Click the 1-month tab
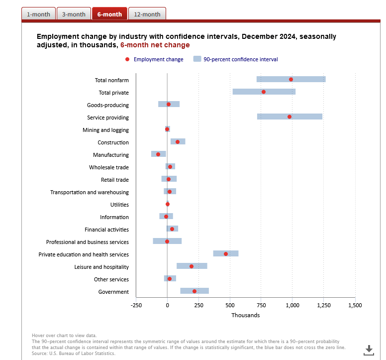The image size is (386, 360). point(38,14)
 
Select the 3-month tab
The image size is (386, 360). point(74,14)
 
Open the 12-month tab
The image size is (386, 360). point(147,14)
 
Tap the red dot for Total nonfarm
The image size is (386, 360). point(290,79)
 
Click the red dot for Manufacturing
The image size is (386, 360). point(158,154)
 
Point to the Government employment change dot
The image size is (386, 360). point(194,291)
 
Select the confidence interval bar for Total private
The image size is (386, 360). point(264,92)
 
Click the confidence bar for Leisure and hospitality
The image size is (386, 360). point(192,266)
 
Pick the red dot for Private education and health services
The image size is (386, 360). point(226,254)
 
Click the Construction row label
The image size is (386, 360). point(113,142)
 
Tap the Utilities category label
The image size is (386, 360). point(119,205)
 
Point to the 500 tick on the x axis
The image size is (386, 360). point(230,305)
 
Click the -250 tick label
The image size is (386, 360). point(136,305)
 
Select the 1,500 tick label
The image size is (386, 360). point(355,305)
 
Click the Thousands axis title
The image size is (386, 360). point(245,315)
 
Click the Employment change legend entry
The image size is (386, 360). point(154,59)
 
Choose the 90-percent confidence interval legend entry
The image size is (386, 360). point(236,59)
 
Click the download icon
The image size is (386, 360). point(369,350)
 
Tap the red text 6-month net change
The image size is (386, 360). point(155,45)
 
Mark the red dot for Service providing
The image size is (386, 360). point(289,117)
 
